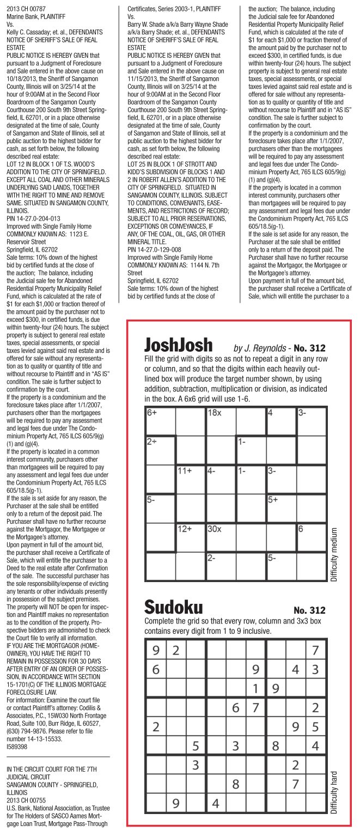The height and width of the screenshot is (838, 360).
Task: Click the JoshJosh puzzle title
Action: pos(179,345)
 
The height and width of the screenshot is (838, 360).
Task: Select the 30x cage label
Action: pos(215,529)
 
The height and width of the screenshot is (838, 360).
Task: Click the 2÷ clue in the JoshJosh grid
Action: pos(152,442)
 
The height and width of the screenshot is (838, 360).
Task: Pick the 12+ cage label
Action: pos(185,529)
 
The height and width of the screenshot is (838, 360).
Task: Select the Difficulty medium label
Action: pos(335,554)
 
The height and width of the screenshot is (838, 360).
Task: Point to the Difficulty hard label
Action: pos(335,792)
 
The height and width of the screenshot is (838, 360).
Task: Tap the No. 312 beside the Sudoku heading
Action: pos(309,610)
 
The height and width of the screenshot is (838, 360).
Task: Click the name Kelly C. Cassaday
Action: pos(28,32)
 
